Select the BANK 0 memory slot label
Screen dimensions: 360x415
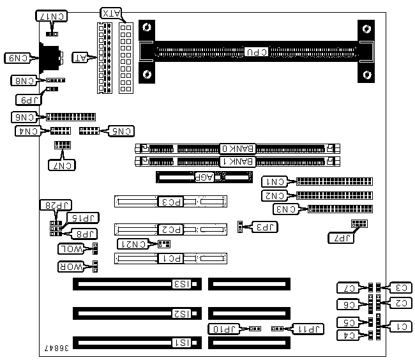tap(238, 148)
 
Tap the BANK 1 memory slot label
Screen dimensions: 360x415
tap(238, 161)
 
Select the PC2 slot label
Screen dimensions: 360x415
tap(171, 229)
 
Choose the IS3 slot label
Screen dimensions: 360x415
tap(182, 283)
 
